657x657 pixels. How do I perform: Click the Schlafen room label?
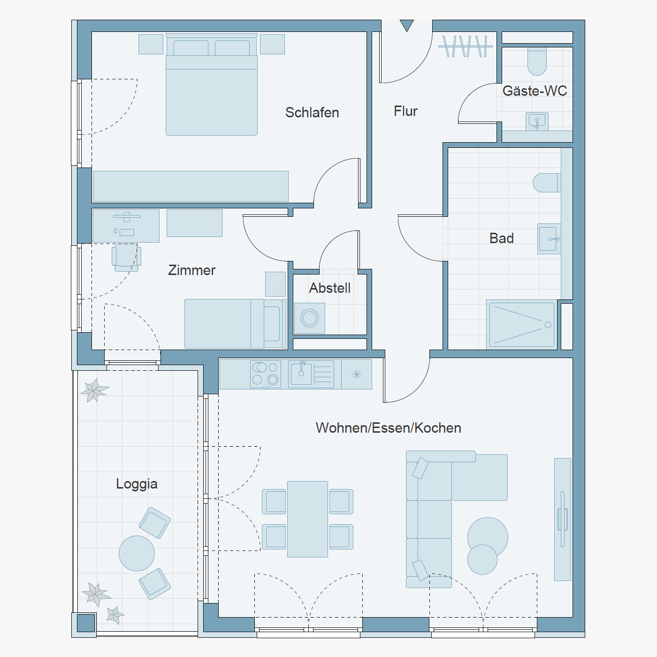[312, 113]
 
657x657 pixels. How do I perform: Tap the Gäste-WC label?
[535, 91]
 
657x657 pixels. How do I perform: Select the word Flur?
[405, 111]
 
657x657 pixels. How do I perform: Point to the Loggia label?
[137, 484]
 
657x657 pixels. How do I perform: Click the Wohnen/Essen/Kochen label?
[389, 428]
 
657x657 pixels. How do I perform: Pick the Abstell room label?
[330, 288]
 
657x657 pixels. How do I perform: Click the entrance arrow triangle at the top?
[406, 25]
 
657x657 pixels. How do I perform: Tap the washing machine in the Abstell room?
[310, 318]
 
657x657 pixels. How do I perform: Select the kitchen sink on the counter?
[311, 374]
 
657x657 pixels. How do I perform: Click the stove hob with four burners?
[266, 374]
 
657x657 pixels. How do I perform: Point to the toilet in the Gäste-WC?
[537, 61]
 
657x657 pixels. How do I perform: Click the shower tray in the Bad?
[522, 325]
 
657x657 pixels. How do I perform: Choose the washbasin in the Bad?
[549, 239]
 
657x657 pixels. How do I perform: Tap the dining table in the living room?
[307, 519]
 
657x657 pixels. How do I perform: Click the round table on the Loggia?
[137, 553]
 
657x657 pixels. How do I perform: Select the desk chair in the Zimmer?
[127, 258]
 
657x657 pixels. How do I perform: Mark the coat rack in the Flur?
[466, 46]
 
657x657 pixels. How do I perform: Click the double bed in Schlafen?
[211, 84]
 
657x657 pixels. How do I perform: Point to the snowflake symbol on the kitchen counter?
[357, 374]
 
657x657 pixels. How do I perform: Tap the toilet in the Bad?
[547, 183]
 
